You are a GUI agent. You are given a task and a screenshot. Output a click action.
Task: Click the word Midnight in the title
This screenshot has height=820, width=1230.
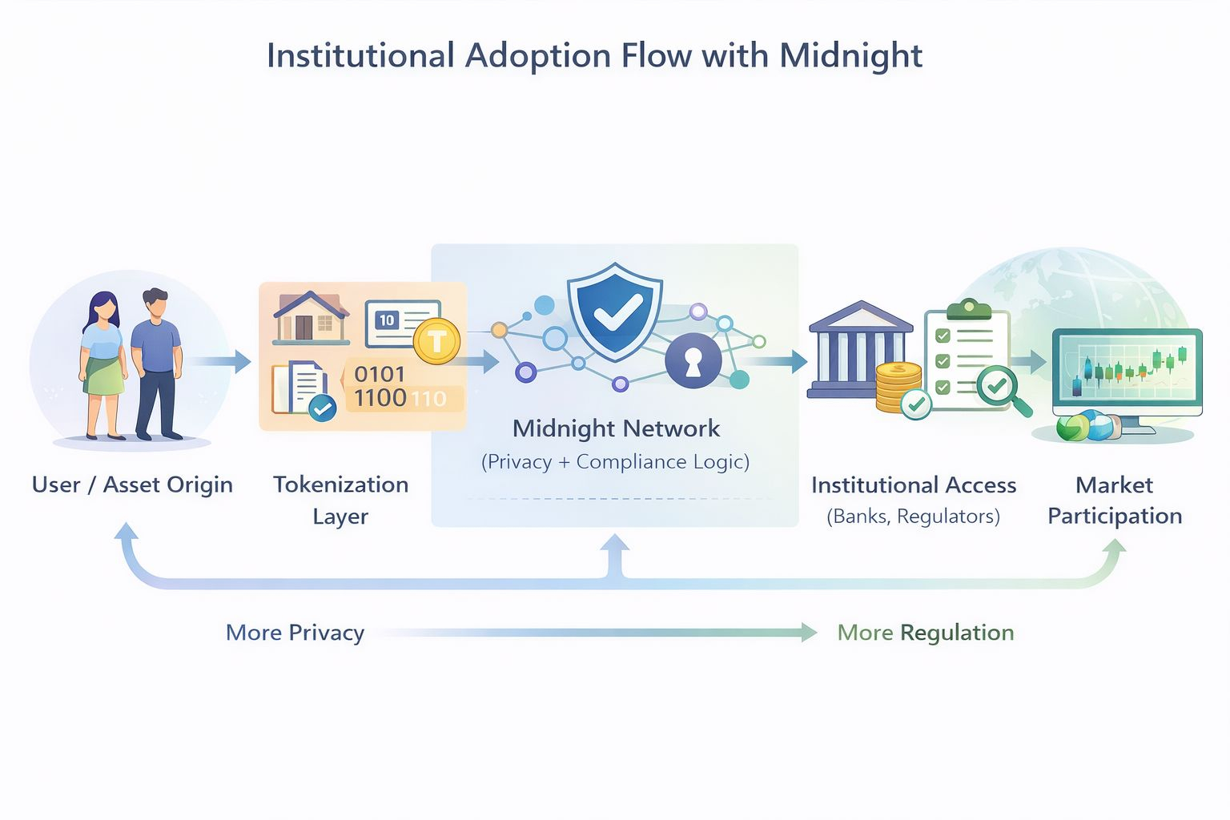850,56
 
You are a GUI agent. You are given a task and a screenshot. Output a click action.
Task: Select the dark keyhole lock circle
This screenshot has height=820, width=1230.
693,360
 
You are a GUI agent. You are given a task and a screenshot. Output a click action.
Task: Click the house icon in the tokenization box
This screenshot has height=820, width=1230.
311,318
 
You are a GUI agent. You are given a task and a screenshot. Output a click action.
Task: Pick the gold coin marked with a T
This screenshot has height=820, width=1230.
436,341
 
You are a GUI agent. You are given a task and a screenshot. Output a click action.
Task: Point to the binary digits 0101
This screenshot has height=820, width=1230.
380,374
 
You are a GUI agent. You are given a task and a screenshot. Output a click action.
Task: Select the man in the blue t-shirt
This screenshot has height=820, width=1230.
157,364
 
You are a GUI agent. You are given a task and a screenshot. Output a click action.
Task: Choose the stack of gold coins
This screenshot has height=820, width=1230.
898,388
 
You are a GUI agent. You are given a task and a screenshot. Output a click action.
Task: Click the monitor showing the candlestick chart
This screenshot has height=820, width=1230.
1127,373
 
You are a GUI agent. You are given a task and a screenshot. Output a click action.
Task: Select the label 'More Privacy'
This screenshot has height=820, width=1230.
295,633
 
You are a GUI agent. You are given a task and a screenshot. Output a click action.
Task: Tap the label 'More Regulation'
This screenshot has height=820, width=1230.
925,633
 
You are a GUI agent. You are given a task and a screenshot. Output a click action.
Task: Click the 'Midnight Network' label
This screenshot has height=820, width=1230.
616,428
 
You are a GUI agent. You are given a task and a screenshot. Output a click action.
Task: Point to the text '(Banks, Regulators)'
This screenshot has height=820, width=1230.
913,517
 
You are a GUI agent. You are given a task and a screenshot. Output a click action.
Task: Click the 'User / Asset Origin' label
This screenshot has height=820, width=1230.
132,484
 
